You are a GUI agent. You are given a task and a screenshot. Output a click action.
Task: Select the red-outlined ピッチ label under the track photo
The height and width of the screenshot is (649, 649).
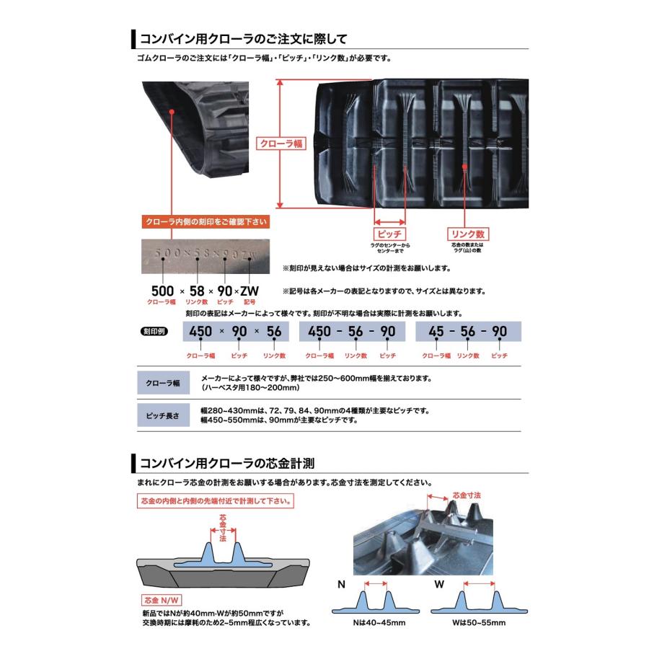pyautogui.click(x=389, y=234)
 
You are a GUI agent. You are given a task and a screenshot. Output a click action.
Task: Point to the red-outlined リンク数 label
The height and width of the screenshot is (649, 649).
pyautogui.click(x=468, y=234)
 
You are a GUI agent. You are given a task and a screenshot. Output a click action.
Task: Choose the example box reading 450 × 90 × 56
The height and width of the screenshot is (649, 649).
pyautogui.click(x=234, y=332)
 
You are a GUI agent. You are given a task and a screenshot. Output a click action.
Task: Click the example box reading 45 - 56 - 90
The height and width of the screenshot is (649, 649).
pyautogui.click(x=468, y=332)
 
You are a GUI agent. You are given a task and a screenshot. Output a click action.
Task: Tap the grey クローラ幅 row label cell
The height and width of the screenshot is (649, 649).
pyautogui.click(x=163, y=383)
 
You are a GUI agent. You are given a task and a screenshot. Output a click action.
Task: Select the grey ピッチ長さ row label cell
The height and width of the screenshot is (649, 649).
pyautogui.click(x=163, y=416)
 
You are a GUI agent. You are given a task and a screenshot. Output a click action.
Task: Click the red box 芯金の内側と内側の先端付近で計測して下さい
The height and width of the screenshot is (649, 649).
pyautogui.click(x=215, y=500)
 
